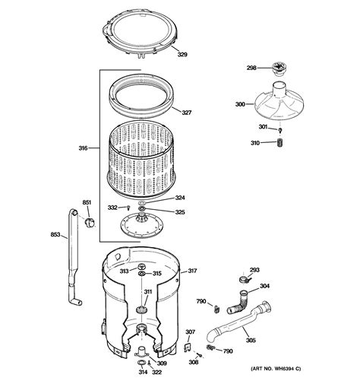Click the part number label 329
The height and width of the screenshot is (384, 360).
click(x=182, y=55)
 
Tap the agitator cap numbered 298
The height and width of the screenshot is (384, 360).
click(x=279, y=69)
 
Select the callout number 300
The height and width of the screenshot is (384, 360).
click(x=240, y=104)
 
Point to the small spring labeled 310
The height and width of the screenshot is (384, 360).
click(x=279, y=142)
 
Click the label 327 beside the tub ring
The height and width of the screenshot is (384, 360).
click(x=187, y=113)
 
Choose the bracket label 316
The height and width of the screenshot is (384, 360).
click(x=83, y=148)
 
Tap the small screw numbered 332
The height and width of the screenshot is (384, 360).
click(x=128, y=208)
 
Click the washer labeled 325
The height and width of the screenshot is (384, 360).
click(x=141, y=209)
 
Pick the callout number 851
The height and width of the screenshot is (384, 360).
click(x=87, y=202)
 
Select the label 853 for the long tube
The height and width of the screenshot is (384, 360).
click(x=55, y=234)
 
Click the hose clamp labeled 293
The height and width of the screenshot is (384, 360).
click(x=243, y=279)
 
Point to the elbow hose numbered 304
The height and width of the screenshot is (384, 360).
click(x=237, y=303)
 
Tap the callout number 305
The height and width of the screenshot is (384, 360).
click(x=251, y=340)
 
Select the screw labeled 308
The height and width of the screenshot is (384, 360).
click(x=201, y=356)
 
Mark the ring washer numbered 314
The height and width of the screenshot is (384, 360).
click(x=141, y=363)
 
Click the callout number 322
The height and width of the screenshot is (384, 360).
click(x=156, y=372)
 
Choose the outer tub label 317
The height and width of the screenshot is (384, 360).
click(x=192, y=271)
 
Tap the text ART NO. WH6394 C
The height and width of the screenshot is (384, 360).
click(x=276, y=369)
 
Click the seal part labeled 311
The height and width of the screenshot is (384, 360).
click(x=141, y=309)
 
